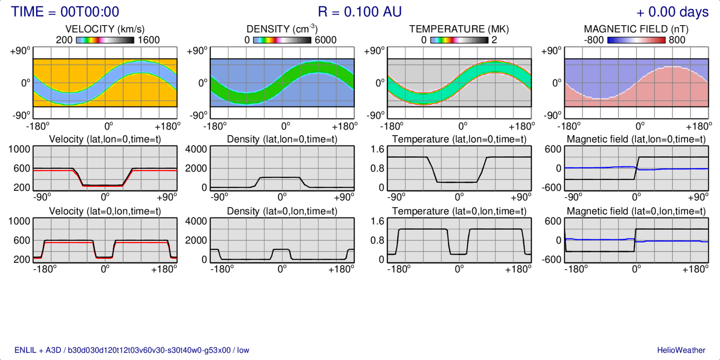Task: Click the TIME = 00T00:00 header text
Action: coord(65,12)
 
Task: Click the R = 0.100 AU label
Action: coord(360,12)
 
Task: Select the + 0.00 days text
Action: coord(672,12)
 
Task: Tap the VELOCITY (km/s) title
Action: coord(105,29)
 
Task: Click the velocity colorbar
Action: coord(105,40)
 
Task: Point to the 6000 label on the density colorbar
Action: coord(325,40)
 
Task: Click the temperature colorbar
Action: coord(459,40)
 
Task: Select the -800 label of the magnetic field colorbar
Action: coord(594,40)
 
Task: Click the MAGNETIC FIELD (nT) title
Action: coord(636,29)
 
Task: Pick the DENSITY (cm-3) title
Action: coord(282,29)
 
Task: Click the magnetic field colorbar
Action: coord(636,40)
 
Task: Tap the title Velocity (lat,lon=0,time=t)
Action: coord(105,139)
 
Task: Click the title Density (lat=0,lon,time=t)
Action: coord(282,211)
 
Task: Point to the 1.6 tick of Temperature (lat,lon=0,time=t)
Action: coord(378,149)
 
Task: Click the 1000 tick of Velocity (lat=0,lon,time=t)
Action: coord(19,221)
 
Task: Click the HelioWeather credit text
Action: coord(681,350)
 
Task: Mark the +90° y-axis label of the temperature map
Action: coord(374,51)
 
